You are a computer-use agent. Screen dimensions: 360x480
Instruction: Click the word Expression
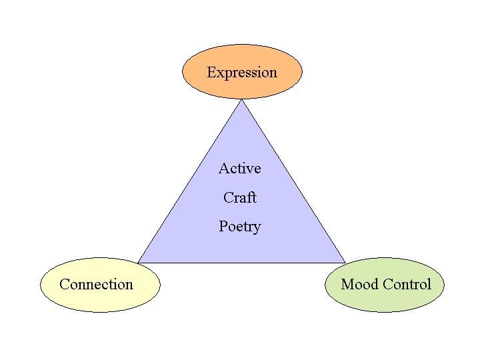pyautogui.click(x=242, y=72)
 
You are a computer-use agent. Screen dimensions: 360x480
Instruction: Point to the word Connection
pyautogui.click(x=96, y=285)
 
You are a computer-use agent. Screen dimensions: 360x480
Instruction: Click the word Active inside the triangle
pyautogui.click(x=240, y=169)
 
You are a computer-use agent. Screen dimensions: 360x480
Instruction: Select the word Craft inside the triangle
pyautogui.click(x=240, y=197)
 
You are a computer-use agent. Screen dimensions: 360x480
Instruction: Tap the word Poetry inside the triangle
pyautogui.click(x=240, y=227)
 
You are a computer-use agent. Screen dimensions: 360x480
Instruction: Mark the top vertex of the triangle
pyautogui.click(x=242, y=101)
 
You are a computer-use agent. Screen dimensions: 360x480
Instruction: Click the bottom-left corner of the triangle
pyautogui.click(x=139, y=262)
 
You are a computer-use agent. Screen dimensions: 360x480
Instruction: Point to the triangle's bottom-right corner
pyautogui.click(x=345, y=262)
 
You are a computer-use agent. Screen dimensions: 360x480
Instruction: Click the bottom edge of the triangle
pyautogui.click(x=242, y=262)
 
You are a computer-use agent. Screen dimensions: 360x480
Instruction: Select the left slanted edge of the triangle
pyautogui.click(x=190, y=181)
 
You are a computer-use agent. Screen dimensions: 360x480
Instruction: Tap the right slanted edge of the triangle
pyautogui.click(x=294, y=181)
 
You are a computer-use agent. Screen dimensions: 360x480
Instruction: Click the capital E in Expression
pyautogui.click(x=211, y=72)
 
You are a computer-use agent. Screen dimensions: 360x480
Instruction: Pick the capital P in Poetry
pyautogui.click(x=223, y=227)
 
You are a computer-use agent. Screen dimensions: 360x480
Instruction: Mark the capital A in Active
pyautogui.click(x=224, y=169)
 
